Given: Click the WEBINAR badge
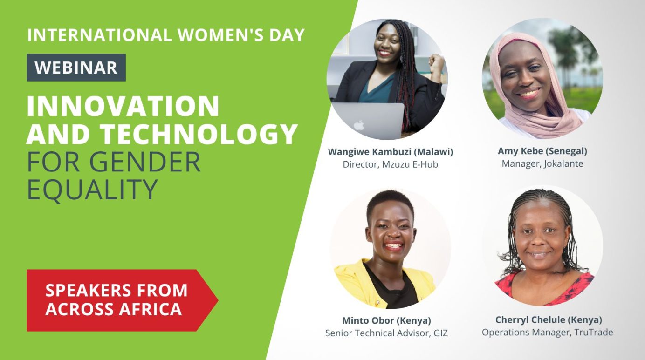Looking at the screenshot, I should pyautogui.click(x=76, y=68).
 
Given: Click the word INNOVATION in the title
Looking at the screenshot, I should pyautogui.click(x=123, y=106).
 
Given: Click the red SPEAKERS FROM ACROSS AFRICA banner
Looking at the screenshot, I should pyautogui.click(x=117, y=299).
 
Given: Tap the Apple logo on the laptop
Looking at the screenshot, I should pyautogui.click(x=358, y=125).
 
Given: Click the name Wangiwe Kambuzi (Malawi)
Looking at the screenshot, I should pyautogui.click(x=390, y=152).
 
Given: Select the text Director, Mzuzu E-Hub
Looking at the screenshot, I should pyautogui.click(x=390, y=164).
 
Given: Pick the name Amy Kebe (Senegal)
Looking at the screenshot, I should pyautogui.click(x=542, y=151).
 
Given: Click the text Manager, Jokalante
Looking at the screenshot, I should pyautogui.click(x=542, y=164).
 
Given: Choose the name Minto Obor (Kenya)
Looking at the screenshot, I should pyautogui.click(x=386, y=320).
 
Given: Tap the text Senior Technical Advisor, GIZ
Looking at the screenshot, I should pyautogui.click(x=386, y=333).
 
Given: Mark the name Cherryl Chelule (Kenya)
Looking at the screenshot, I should pyautogui.click(x=549, y=320).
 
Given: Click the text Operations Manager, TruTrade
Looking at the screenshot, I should pyautogui.click(x=547, y=333).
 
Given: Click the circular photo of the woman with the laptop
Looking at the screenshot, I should pyautogui.click(x=387, y=79).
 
